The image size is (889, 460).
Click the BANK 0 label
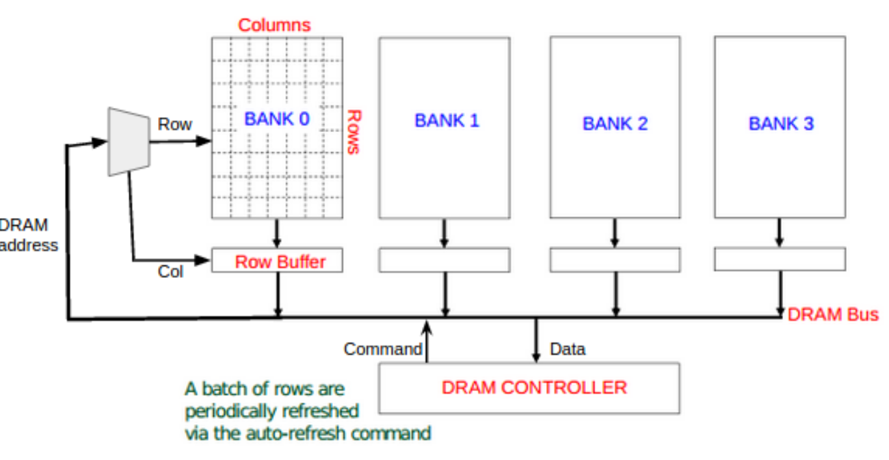(x=277, y=119)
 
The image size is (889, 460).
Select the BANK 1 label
(x=447, y=120)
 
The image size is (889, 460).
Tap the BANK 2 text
(x=615, y=123)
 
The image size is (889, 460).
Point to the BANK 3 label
(x=780, y=123)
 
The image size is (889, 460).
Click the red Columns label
(x=274, y=25)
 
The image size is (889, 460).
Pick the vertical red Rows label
(x=352, y=131)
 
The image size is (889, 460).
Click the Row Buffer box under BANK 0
(x=278, y=262)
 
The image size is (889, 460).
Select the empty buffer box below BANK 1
(x=444, y=260)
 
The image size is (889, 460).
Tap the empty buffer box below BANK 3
(x=780, y=260)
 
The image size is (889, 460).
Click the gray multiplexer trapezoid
(x=128, y=141)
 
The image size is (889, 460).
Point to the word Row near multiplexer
(x=175, y=124)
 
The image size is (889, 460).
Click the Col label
(x=170, y=271)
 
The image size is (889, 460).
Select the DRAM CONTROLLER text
(x=534, y=388)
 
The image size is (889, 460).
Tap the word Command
(x=382, y=349)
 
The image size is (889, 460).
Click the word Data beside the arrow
(x=568, y=349)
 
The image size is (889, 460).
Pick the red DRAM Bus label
(x=833, y=315)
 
